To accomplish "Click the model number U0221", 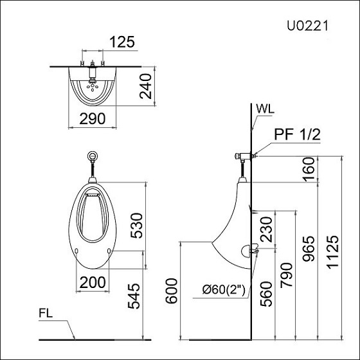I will [308, 26].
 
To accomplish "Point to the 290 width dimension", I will [93, 118].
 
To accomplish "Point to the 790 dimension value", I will [287, 274].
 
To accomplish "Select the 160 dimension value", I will [309, 169].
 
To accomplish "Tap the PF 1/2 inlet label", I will [297, 135].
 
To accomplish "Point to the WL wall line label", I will [264, 108].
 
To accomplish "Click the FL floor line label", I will [46, 315].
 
